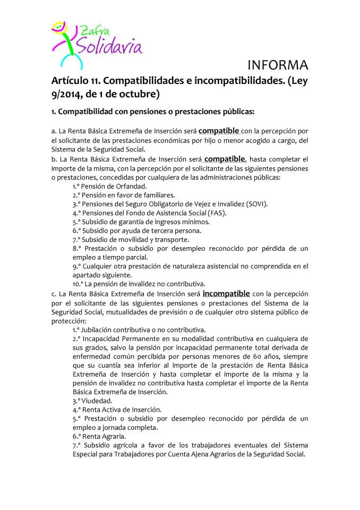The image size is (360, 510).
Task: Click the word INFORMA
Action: [278, 66]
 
